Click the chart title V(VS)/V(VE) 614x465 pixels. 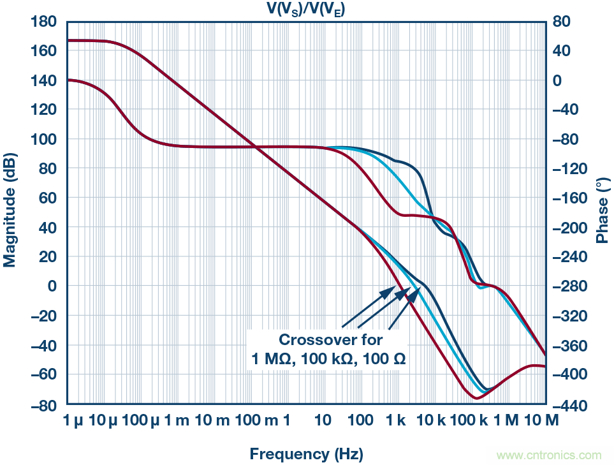[307, 8]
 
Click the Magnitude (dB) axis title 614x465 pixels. [10, 210]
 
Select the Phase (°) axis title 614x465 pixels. [602, 210]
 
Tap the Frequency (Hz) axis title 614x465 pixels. [306, 454]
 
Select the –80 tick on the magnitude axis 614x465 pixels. [45, 404]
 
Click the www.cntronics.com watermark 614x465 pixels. [548, 455]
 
